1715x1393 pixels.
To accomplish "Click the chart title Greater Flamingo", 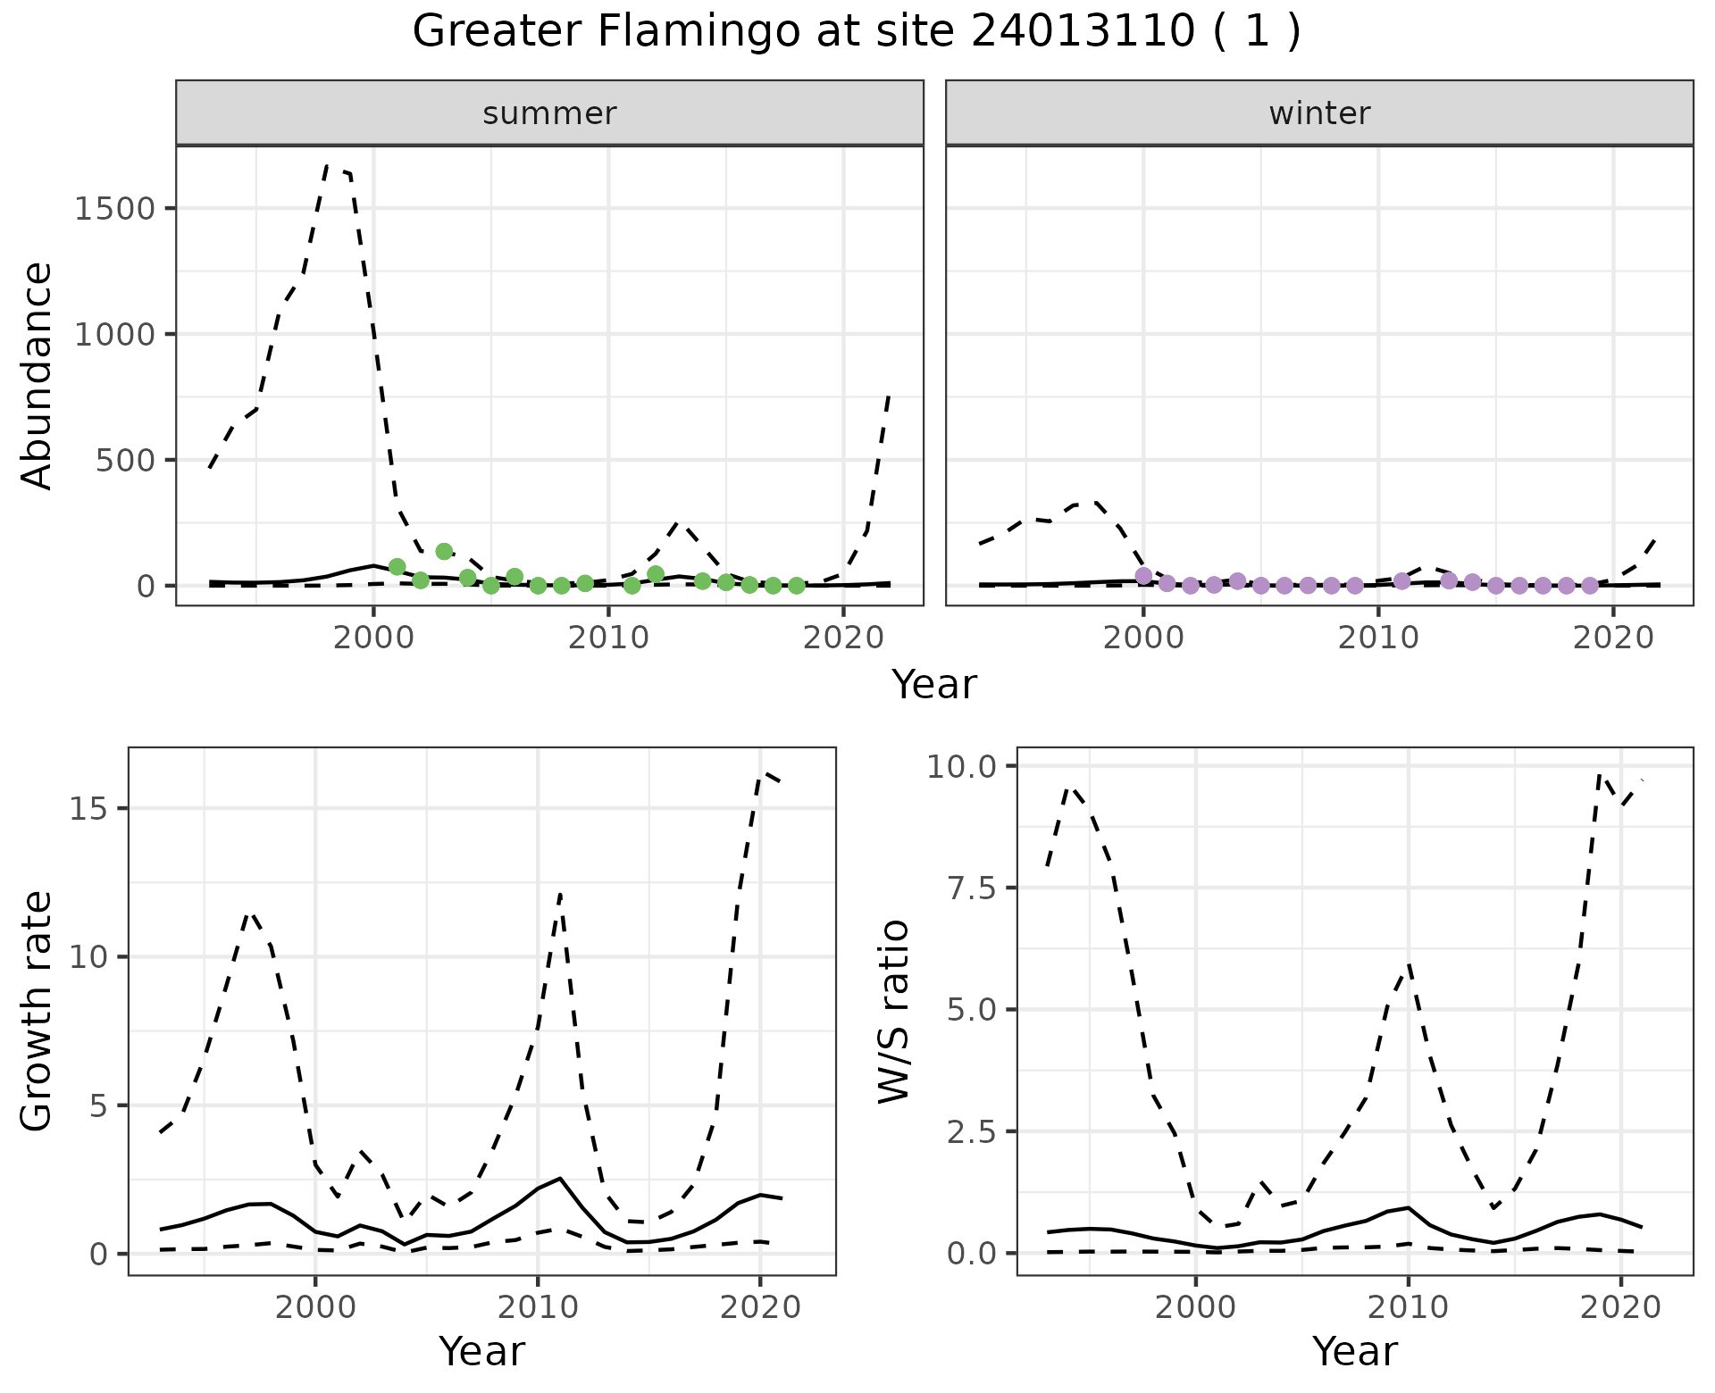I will point(856,32).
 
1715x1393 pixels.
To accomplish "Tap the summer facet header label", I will point(549,113).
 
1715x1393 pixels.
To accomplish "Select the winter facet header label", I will point(1319,113).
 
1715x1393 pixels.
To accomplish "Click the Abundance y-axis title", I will point(38,375).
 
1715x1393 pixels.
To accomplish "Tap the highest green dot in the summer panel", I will point(444,551).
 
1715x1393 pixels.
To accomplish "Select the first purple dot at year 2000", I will point(1143,575).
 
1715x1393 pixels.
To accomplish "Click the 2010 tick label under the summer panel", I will point(608,638).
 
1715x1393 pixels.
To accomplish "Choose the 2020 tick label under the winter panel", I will point(1612,638).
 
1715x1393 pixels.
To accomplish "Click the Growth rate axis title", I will point(38,1011).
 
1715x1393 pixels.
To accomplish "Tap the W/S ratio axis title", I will point(893,1011).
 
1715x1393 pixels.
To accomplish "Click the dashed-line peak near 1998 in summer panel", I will point(328,165).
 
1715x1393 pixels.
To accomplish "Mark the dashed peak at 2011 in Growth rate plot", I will point(560,893).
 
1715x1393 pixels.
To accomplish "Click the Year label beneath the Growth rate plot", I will point(481,1351).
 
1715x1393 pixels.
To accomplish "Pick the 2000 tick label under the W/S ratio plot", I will point(1195,1308).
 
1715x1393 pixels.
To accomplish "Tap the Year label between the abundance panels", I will point(934,685).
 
